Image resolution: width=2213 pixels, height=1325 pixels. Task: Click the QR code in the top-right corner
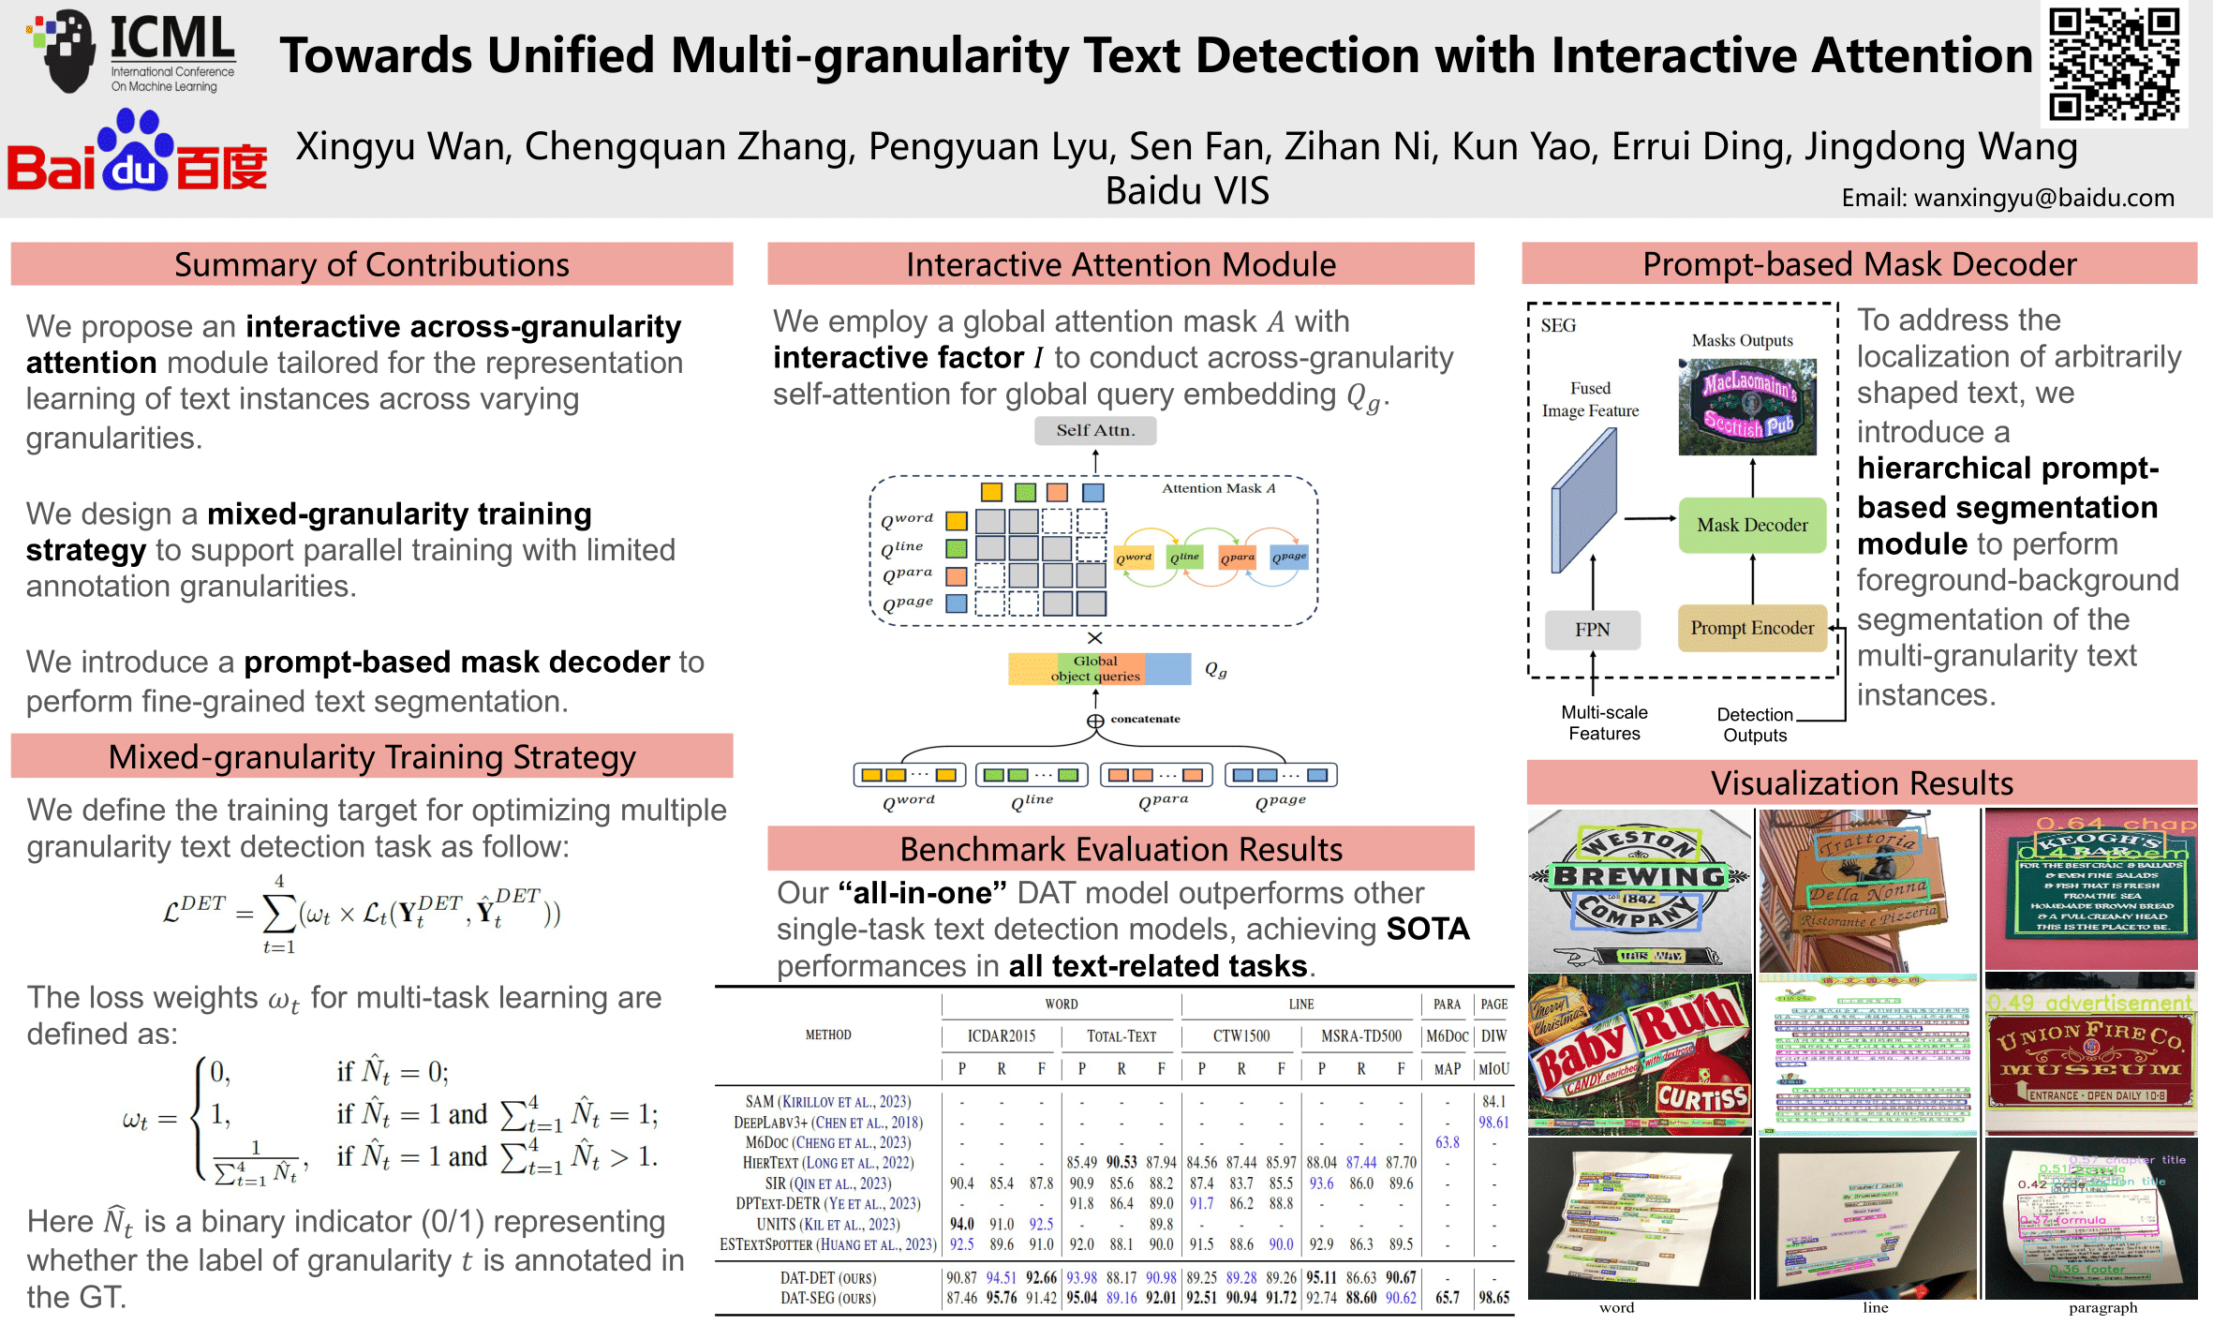(2114, 64)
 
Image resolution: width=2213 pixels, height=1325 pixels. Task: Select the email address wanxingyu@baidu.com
(2007, 198)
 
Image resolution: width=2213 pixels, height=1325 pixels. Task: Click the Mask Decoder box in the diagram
(1752, 525)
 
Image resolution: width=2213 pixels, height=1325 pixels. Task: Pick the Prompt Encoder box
(1752, 628)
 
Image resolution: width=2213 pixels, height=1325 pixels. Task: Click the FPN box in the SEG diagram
(1592, 630)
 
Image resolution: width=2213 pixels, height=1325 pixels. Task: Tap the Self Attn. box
(1094, 430)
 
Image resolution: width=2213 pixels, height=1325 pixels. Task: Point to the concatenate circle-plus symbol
(1094, 721)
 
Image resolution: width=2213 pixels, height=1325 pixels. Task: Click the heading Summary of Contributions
(371, 264)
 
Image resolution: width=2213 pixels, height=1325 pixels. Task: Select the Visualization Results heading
(1861, 782)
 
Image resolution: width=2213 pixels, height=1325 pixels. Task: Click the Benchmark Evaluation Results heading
(1121, 849)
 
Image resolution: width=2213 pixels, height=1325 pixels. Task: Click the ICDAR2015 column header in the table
(1001, 1035)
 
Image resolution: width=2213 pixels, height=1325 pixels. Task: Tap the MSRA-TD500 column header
(1360, 1035)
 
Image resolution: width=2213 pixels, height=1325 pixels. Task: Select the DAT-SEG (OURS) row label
(828, 1299)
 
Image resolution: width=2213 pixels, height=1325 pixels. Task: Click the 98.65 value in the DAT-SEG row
(1493, 1299)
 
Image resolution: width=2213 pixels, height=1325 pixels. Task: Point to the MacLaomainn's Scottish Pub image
(1747, 407)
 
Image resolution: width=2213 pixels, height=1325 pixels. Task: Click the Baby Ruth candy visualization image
(1639, 1054)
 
